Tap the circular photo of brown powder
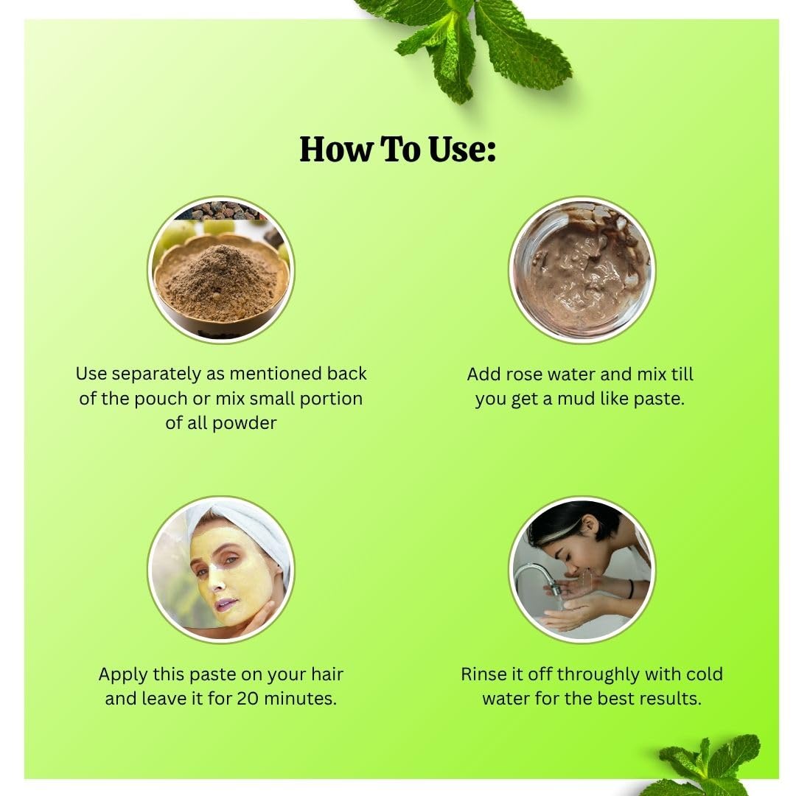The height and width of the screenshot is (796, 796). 221,270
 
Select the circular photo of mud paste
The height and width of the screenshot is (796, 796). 582,270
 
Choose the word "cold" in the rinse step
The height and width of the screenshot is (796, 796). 704,674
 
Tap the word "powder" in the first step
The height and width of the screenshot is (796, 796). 245,423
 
